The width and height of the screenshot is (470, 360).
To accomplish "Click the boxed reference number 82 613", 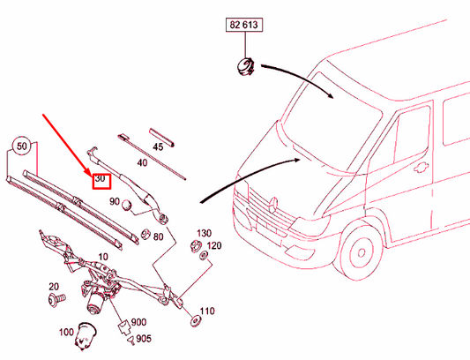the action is tap(244, 25).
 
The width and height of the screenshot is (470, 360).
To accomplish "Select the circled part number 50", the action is tap(21, 146).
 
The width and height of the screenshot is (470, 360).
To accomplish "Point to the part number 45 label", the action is tap(158, 146).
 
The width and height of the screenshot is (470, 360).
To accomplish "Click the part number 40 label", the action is tap(142, 163).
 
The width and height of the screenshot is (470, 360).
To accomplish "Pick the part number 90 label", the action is tap(115, 201).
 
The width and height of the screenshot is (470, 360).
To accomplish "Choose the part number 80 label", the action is tap(158, 237).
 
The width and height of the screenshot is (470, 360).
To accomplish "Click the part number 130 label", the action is tap(204, 233).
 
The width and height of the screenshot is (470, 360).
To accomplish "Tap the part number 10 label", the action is tap(103, 257).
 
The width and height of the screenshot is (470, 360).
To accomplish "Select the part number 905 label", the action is tap(144, 339).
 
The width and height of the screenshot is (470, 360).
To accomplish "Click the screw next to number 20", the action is tap(56, 299).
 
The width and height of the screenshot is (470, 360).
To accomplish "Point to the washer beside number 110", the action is tap(196, 320).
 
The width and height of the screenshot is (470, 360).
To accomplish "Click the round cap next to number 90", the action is tap(127, 206).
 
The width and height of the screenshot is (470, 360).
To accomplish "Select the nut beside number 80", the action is tap(145, 235).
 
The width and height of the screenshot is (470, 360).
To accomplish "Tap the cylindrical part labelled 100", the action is tap(86, 336).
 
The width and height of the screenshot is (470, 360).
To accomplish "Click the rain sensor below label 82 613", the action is tap(245, 66).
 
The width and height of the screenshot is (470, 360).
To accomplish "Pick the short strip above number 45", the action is tap(162, 138).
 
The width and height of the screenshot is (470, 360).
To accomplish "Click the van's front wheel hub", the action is tap(361, 253).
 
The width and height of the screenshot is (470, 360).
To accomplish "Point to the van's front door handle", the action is tap(422, 168).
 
